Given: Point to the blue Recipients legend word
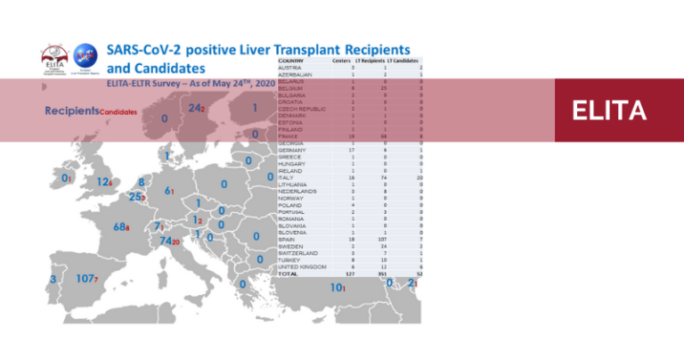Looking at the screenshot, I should click(70, 111).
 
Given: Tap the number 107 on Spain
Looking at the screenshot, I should click(85, 279).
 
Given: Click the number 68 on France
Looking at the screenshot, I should click(120, 227).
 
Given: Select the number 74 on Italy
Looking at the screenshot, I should click(166, 241).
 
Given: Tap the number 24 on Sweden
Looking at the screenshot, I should click(194, 108).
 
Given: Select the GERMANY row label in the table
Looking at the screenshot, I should click(294, 150).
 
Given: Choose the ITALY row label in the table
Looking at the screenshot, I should click(286, 177).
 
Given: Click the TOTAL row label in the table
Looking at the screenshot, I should click(289, 274).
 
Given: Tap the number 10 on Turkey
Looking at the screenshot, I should click(336, 289).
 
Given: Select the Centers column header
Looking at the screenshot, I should click(341, 61).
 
